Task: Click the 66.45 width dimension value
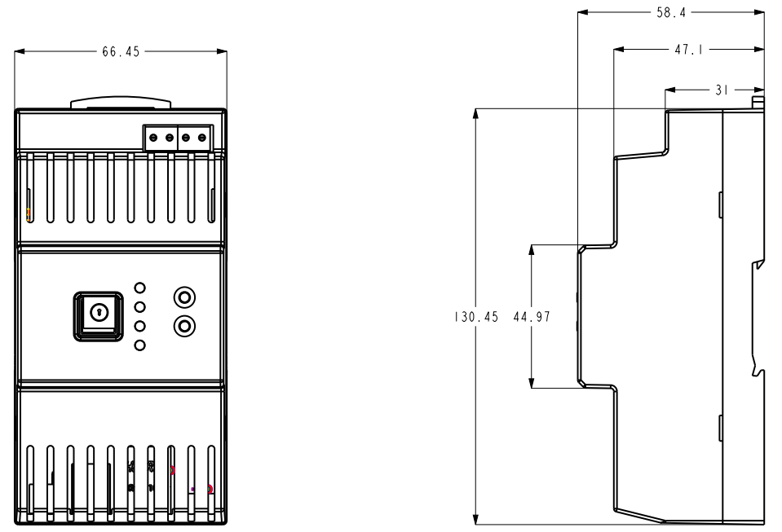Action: tap(121, 51)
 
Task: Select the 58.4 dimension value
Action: tap(671, 13)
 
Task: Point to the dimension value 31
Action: tap(721, 90)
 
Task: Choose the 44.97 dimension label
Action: tap(532, 318)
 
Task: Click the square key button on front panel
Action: tap(98, 315)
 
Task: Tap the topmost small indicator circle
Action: tap(140, 288)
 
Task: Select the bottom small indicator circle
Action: tap(140, 345)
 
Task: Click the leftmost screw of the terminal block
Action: tap(152, 138)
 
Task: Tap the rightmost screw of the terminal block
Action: tap(201, 138)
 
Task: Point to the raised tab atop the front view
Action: tap(121, 103)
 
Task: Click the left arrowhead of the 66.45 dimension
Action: tap(20, 51)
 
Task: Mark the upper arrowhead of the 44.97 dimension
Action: tap(532, 248)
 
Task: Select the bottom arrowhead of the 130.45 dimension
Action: tap(476, 519)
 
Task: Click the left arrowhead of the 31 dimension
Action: tap(670, 90)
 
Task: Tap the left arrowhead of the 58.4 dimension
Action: tap(581, 13)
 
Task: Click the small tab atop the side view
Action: tap(758, 102)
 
